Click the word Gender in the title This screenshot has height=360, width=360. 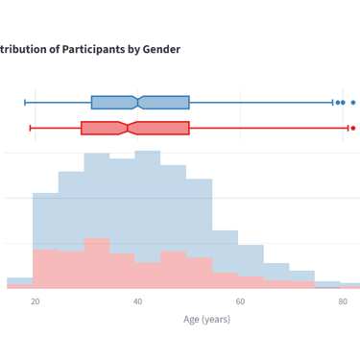pos(161,49)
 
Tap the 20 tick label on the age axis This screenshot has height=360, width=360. pos(36,301)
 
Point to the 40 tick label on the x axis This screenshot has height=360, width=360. pos(137,301)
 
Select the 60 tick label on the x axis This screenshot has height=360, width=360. pos(240,301)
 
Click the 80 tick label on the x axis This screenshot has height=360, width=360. pos(343,301)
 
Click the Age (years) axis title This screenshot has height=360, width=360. pos(206,320)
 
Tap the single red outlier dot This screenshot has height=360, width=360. pos(353,128)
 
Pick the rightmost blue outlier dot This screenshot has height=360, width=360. pos(353,103)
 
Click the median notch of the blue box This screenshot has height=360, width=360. pos(138,103)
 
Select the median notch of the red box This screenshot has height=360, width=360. pos(128,128)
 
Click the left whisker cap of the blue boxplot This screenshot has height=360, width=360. pos(25,103)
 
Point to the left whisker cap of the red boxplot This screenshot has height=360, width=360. pos(30,128)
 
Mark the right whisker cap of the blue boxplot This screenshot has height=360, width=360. pos(332,103)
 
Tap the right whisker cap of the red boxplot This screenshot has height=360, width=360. pos(348,128)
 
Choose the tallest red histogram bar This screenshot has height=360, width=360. pos(97,263)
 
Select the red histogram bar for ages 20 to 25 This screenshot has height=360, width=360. pos(45,269)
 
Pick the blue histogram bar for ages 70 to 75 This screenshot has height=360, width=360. pos(301,276)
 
